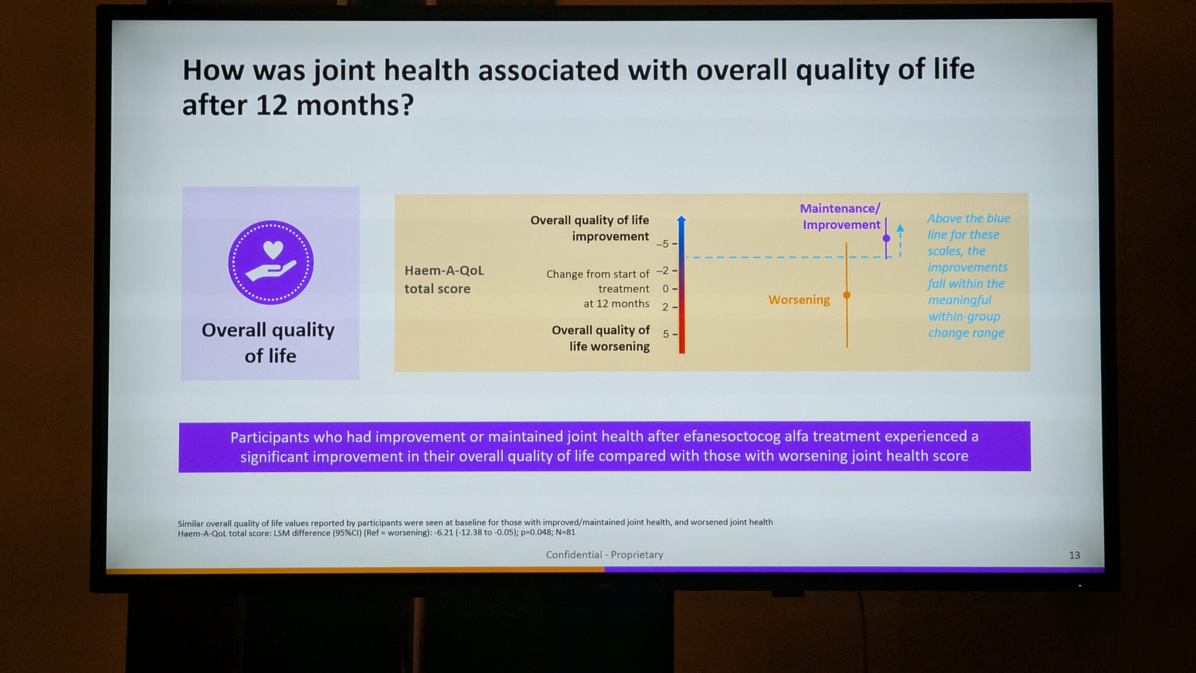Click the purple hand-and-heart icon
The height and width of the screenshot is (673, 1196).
[271, 262]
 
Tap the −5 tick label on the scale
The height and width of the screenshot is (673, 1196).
[662, 244]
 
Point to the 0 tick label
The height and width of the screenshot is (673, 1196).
[665, 289]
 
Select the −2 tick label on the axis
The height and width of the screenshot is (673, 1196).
[662, 271]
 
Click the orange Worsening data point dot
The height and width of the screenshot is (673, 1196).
[847, 295]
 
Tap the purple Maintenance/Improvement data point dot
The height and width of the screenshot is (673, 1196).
[886, 238]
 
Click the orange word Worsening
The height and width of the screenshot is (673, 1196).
[799, 300]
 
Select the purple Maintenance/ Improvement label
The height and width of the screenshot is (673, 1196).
[840, 216]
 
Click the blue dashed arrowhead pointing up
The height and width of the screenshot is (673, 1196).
[900, 228]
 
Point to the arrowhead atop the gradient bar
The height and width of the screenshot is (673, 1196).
[682, 219]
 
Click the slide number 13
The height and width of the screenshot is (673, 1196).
[1075, 555]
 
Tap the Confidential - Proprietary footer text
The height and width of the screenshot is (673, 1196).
[605, 555]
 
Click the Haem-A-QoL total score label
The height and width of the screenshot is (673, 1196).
[444, 279]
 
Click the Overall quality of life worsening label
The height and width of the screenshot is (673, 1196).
[601, 338]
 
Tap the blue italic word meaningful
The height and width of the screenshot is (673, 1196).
[959, 300]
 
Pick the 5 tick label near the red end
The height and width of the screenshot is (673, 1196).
[666, 334]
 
